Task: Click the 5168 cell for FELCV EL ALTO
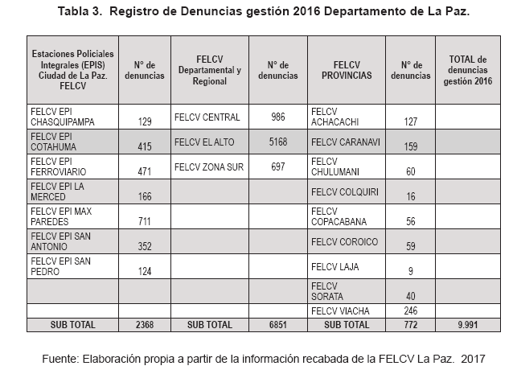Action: tap(277, 142)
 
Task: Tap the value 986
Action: tap(277, 117)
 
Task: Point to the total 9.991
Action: tap(469, 325)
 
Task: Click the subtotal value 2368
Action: tap(145, 325)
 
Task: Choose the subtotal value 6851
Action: tap(277, 325)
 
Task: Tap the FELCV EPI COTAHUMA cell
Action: tap(55, 142)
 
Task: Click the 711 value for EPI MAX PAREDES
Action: tap(145, 221)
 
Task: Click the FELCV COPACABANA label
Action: tap(339, 216)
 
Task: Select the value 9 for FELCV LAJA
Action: tap(411, 270)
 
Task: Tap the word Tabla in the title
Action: tap(74, 12)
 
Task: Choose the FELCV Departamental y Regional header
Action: tap(211, 69)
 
